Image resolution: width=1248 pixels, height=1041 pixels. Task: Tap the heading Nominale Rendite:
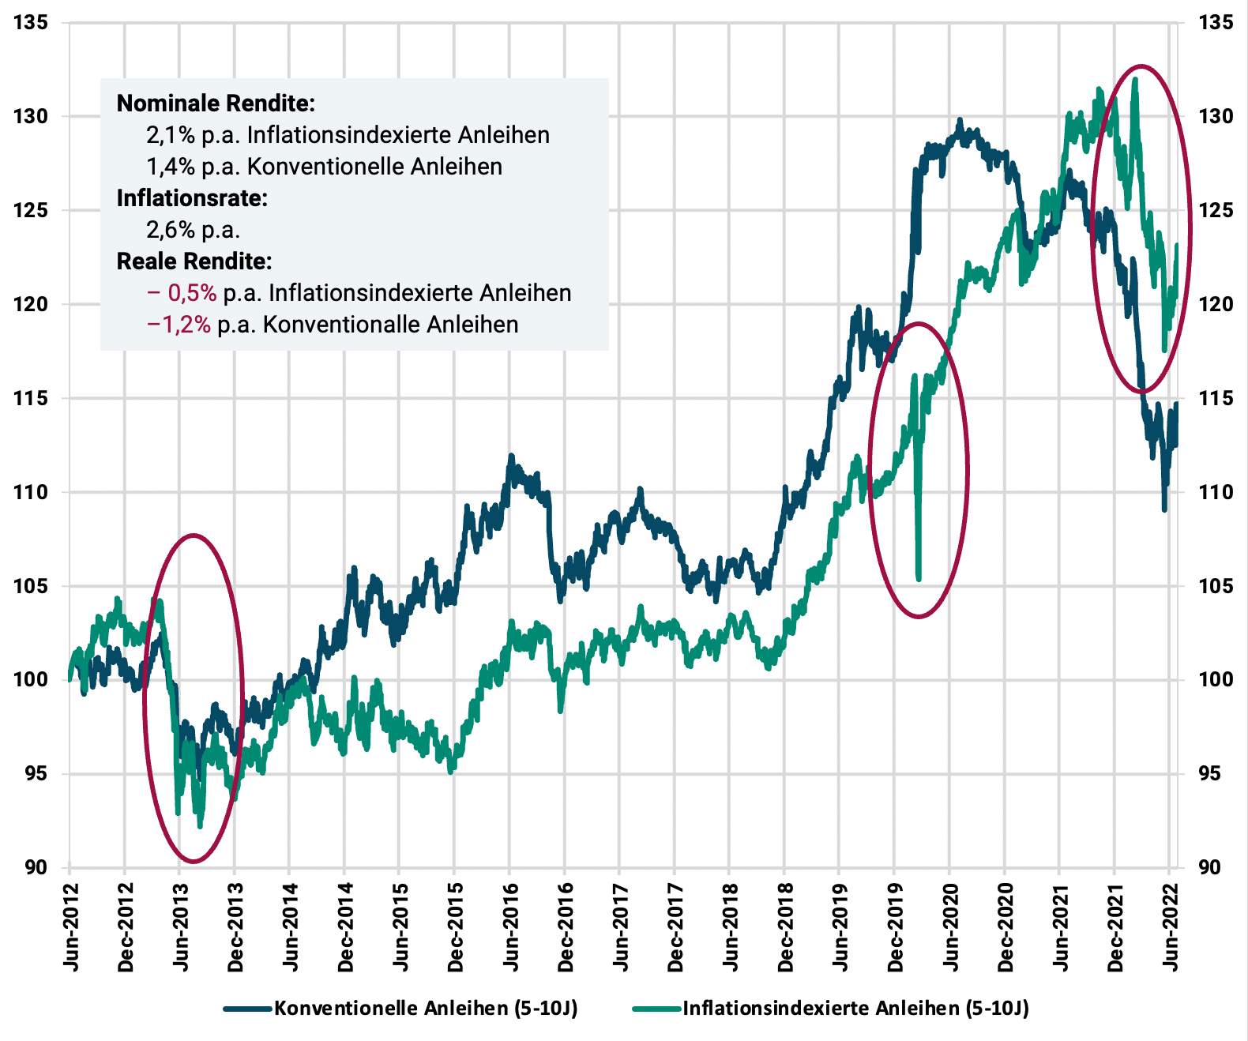pyautogui.click(x=216, y=103)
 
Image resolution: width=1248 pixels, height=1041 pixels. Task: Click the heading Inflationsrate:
pyautogui.click(x=192, y=198)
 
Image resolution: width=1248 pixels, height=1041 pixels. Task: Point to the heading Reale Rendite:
pyautogui.click(x=194, y=261)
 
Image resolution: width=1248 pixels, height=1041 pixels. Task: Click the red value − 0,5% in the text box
pyautogui.click(x=182, y=293)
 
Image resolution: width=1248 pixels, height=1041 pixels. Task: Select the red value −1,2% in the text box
pyautogui.click(x=179, y=325)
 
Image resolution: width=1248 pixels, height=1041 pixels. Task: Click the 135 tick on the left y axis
pyautogui.click(x=30, y=23)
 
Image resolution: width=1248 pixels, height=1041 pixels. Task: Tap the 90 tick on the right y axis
pyautogui.click(x=1209, y=867)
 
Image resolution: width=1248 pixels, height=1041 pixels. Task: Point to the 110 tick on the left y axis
pyautogui.click(x=30, y=492)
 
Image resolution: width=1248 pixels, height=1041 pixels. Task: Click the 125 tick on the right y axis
pyautogui.click(x=1215, y=210)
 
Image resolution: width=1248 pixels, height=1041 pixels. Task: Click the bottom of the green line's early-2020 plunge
pyautogui.click(x=919, y=578)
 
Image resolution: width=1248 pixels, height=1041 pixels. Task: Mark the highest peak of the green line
pyautogui.click(x=1135, y=79)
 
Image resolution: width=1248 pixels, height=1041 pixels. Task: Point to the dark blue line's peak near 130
pyautogui.click(x=960, y=121)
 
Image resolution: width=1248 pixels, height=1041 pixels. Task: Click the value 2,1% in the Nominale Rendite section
pyautogui.click(x=170, y=135)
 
